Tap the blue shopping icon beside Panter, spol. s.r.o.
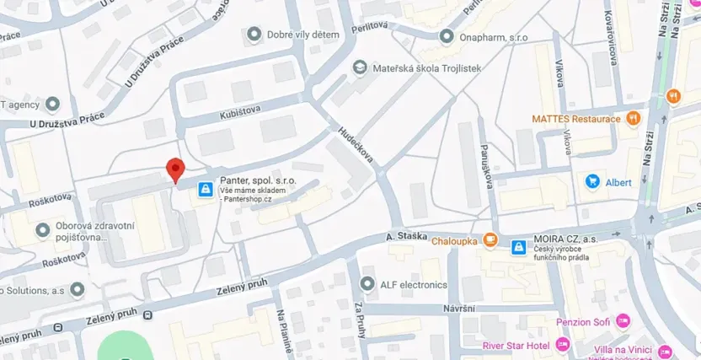click(205, 189)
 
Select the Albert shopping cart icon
click(591, 181)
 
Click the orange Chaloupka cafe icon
click(490, 240)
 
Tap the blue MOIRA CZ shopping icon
click(518, 246)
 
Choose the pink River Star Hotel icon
click(564, 345)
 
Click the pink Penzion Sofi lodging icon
click(623, 321)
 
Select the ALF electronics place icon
click(367, 285)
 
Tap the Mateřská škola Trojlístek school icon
click(360, 67)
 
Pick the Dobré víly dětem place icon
click(254, 35)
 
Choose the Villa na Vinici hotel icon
click(665, 351)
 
